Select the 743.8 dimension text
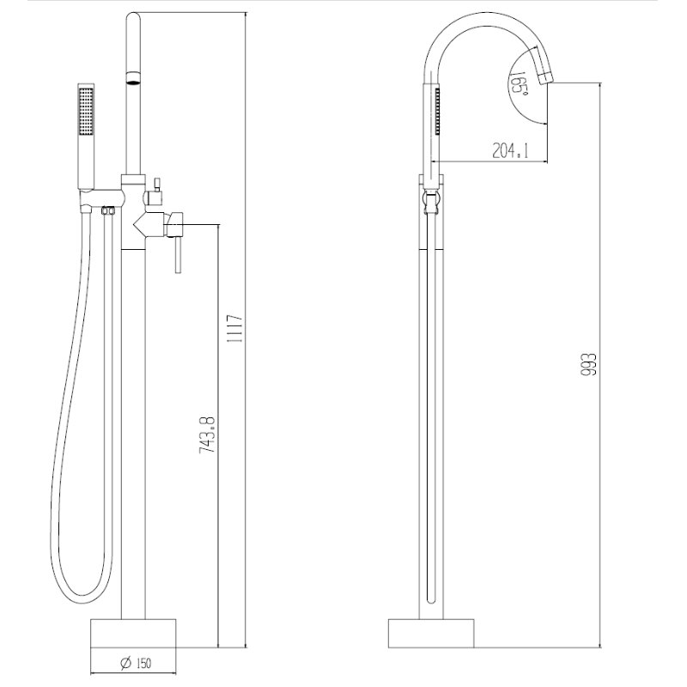(207, 435)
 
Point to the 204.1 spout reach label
(510, 151)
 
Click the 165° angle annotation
(519, 82)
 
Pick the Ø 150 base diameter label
(136, 663)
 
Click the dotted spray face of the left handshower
(86, 112)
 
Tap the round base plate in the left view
(133, 634)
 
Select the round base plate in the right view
(431, 634)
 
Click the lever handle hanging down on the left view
(178, 255)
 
